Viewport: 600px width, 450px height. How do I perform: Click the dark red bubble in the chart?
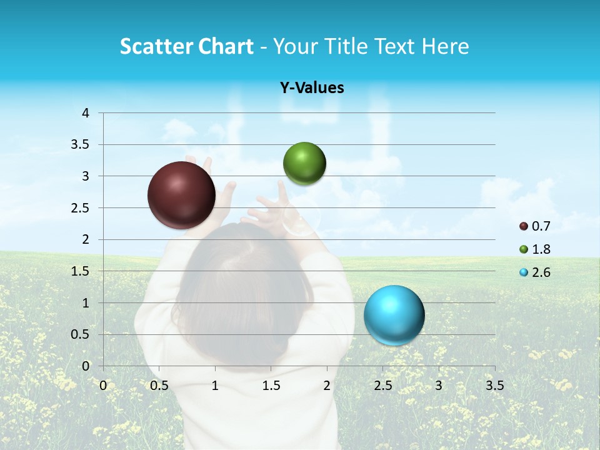tap(181, 195)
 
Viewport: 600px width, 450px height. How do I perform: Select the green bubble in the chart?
tap(304, 163)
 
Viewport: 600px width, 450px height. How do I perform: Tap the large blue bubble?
tap(394, 315)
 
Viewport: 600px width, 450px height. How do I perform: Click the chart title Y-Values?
tap(312, 88)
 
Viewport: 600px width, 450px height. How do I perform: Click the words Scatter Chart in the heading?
tap(186, 46)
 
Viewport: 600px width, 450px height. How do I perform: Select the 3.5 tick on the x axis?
tap(494, 386)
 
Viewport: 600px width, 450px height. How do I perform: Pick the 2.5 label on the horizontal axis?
tap(382, 386)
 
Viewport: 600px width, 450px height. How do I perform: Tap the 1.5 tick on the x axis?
tap(271, 386)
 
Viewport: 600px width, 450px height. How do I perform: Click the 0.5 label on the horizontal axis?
tap(159, 386)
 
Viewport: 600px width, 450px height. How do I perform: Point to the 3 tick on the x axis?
tap(439, 386)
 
